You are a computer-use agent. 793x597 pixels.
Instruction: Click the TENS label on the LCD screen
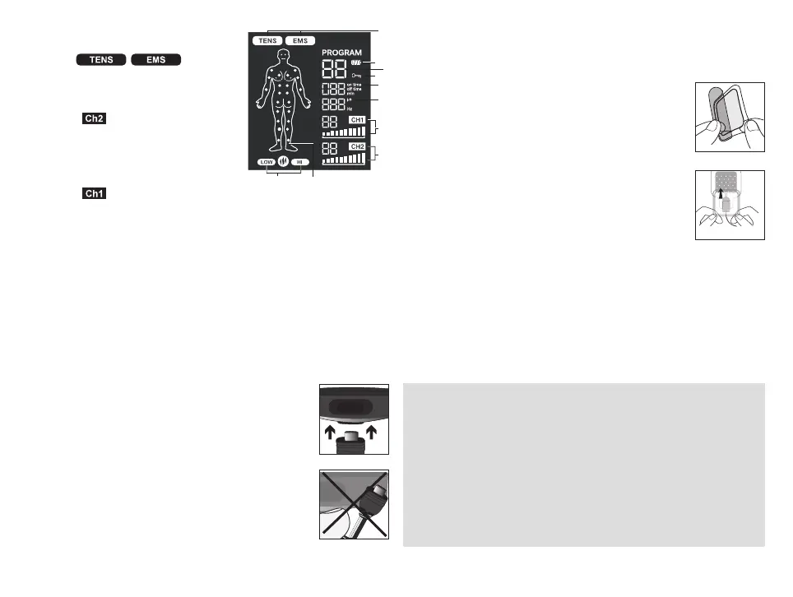pos(267,39)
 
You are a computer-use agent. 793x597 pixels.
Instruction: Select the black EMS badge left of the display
pos(155,59)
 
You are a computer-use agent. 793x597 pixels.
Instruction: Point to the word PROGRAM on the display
pos(341,53)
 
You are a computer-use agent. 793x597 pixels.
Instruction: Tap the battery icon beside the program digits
pos(357,63)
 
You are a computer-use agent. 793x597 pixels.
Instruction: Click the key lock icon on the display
pos(356,75)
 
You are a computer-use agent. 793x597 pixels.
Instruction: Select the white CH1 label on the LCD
pos(357,120)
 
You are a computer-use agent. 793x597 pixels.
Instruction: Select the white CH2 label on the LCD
pos(357,146)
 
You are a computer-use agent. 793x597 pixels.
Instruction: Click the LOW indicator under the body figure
pos(266,162)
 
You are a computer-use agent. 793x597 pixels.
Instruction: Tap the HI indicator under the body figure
pos(300,162)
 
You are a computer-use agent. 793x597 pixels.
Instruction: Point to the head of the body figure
pos(284,56)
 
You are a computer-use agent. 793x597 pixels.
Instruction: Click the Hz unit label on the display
pos(349,108)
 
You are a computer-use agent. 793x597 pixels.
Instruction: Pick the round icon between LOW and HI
pos(283,162)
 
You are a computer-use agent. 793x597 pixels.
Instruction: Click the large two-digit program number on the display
pos(335,68)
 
